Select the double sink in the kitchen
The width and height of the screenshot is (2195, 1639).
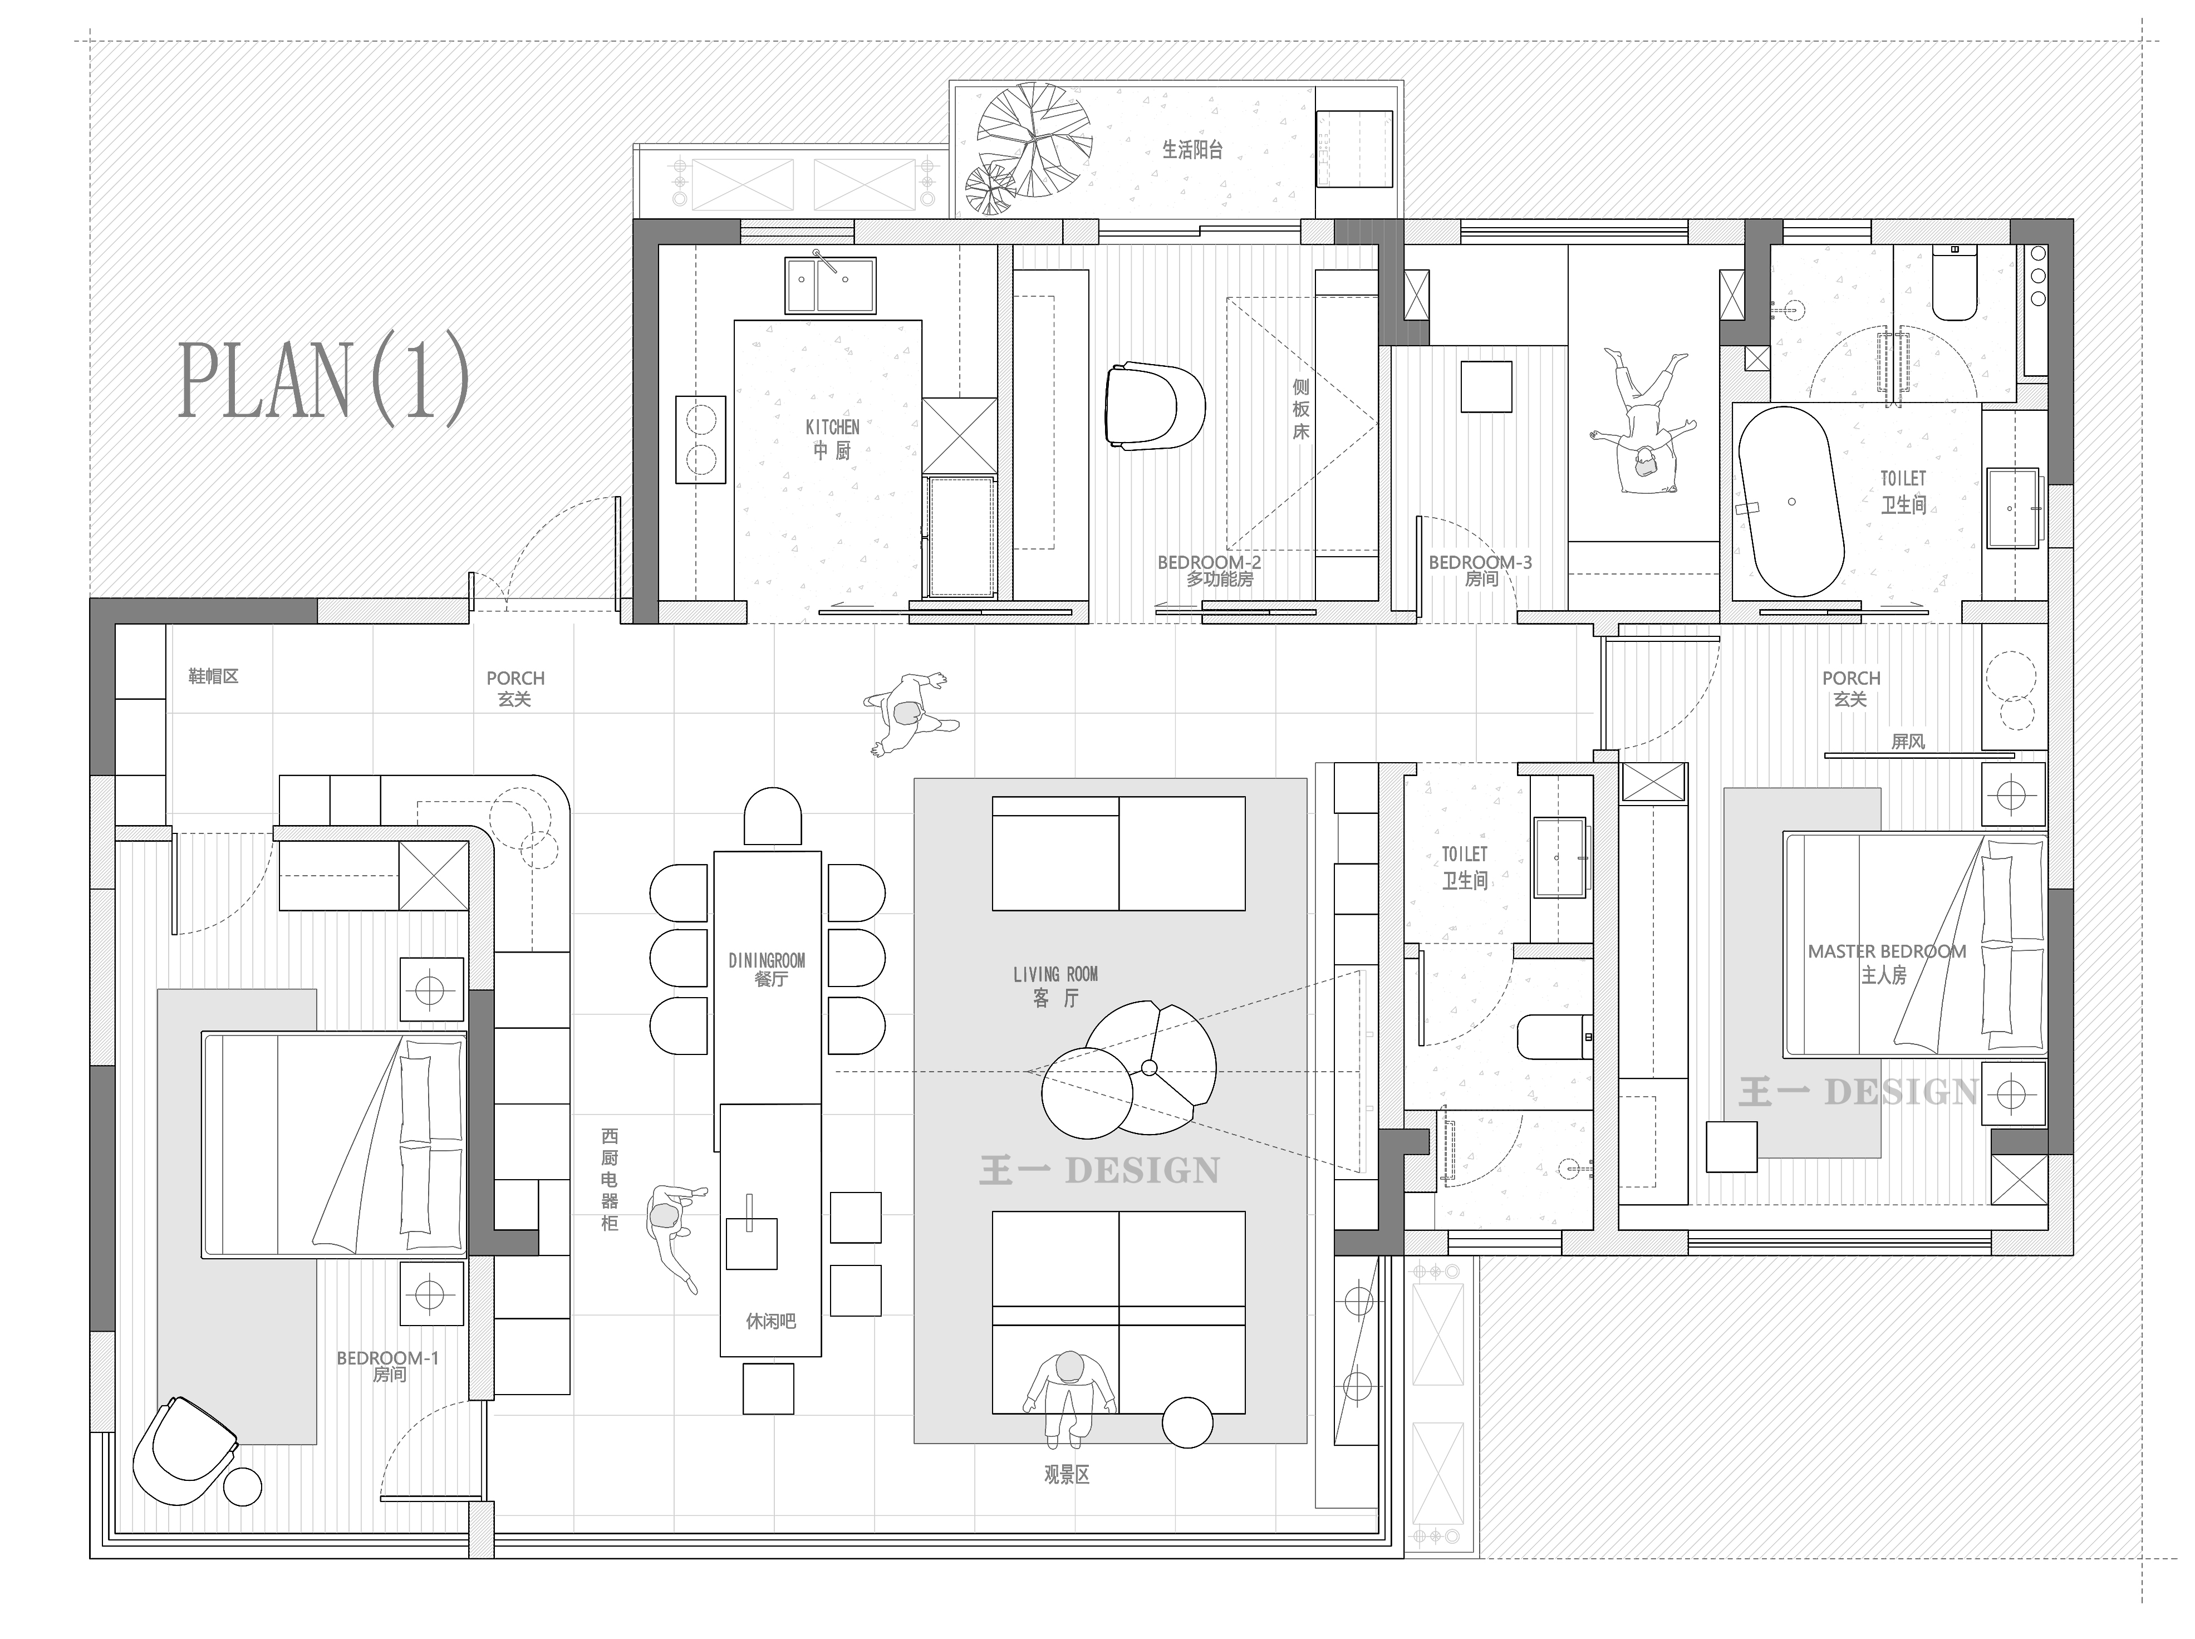830,284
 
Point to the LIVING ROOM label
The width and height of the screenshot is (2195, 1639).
1055,974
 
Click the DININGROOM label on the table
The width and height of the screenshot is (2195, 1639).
767,960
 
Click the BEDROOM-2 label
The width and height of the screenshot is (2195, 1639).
1209,562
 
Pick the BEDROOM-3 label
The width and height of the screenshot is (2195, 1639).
1480,562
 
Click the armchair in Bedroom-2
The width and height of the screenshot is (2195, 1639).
1153,408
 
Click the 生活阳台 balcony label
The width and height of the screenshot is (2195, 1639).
1192,150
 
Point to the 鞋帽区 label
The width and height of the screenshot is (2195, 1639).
213,676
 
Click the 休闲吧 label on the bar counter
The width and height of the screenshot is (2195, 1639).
770,1322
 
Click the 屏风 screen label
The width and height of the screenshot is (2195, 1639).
1907,741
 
